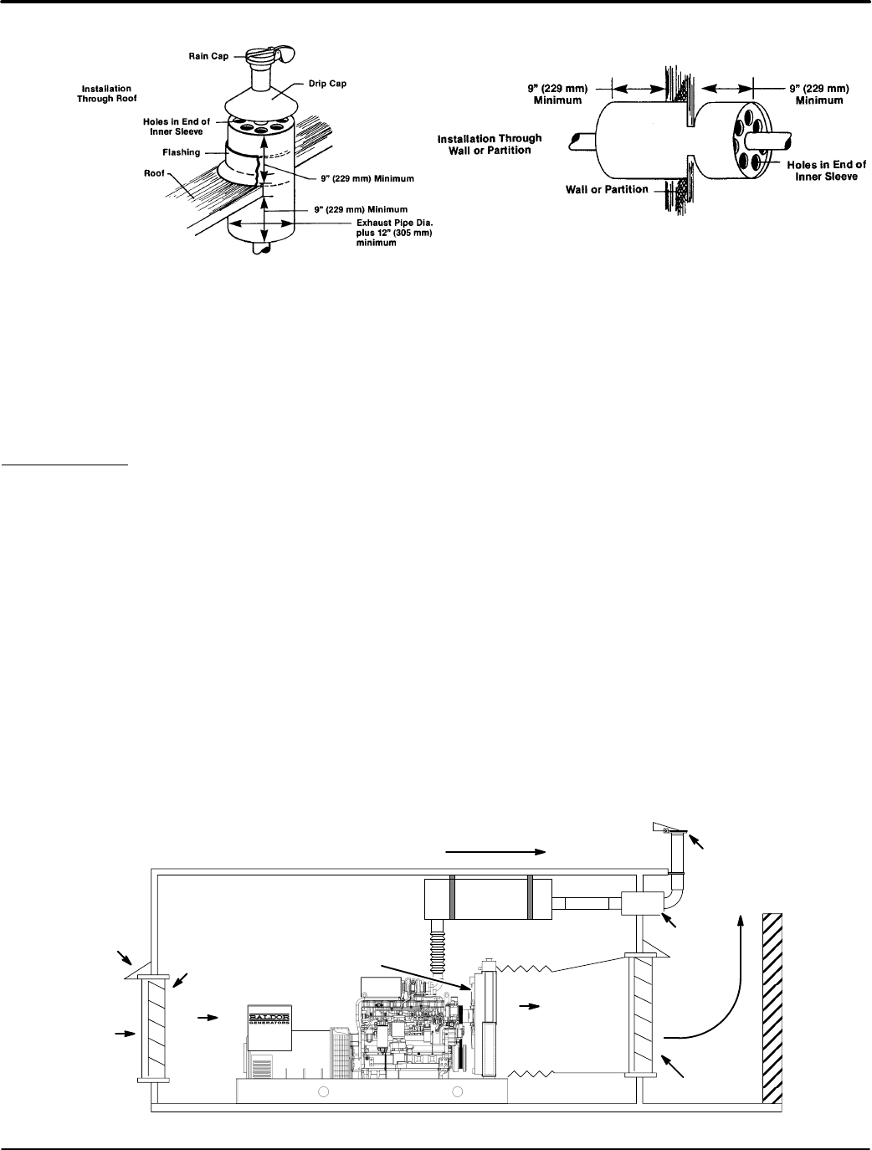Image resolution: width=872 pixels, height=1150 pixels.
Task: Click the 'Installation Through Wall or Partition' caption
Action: (x=490, y=144)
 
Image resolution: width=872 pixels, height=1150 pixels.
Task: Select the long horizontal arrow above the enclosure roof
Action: (x=496, y=851)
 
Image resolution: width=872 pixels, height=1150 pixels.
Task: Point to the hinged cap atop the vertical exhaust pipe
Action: (x=668, y=829)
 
